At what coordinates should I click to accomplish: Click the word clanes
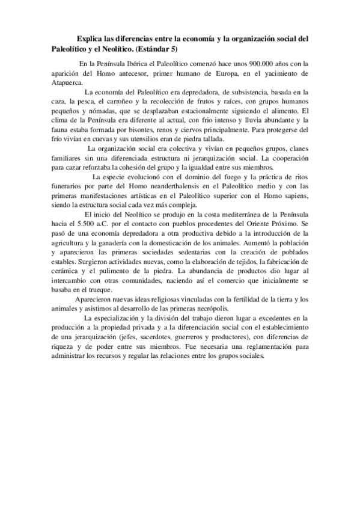(x=296, y=150)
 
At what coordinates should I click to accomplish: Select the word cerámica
(x=68, y=272)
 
